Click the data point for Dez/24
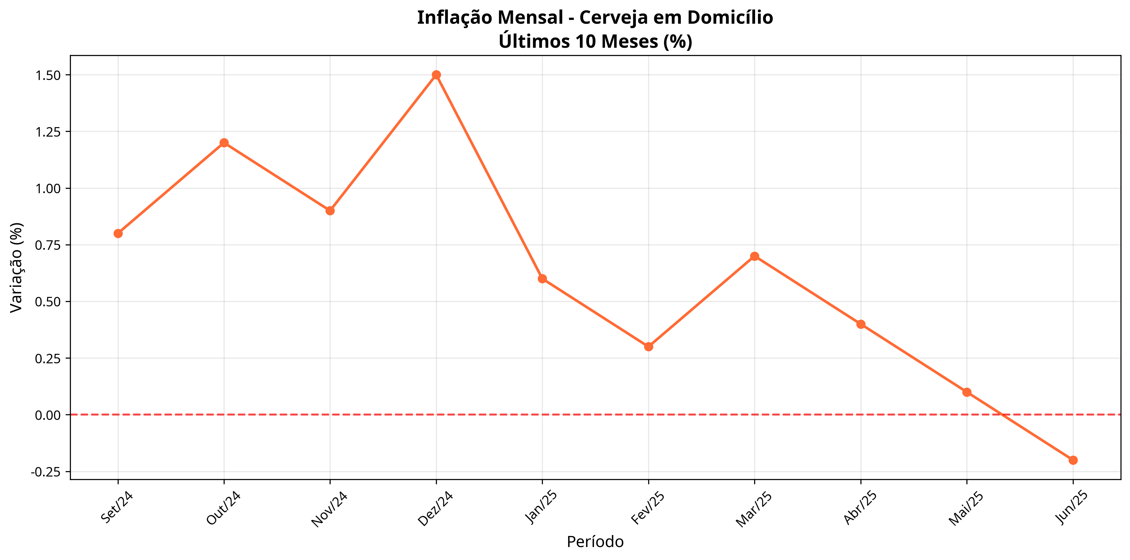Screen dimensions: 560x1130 point(436,75)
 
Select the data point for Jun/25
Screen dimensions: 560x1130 point(1073,460)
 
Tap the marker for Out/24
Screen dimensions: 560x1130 point(224,143)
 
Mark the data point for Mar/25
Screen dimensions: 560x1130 point(754,256)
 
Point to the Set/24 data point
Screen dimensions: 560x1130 point(118,233)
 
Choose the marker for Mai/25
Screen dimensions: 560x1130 point(967,392)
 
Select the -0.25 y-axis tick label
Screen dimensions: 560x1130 point(46,472)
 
